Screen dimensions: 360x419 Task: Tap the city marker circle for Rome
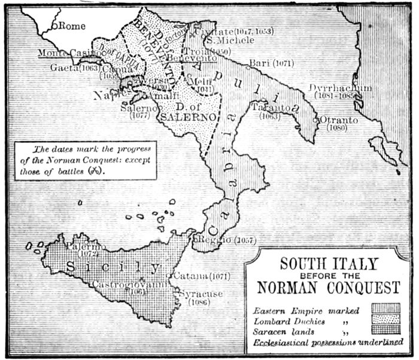coord(54,26)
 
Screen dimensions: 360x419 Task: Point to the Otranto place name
coord(339,120)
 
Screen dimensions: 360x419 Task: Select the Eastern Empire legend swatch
coord(385,309)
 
